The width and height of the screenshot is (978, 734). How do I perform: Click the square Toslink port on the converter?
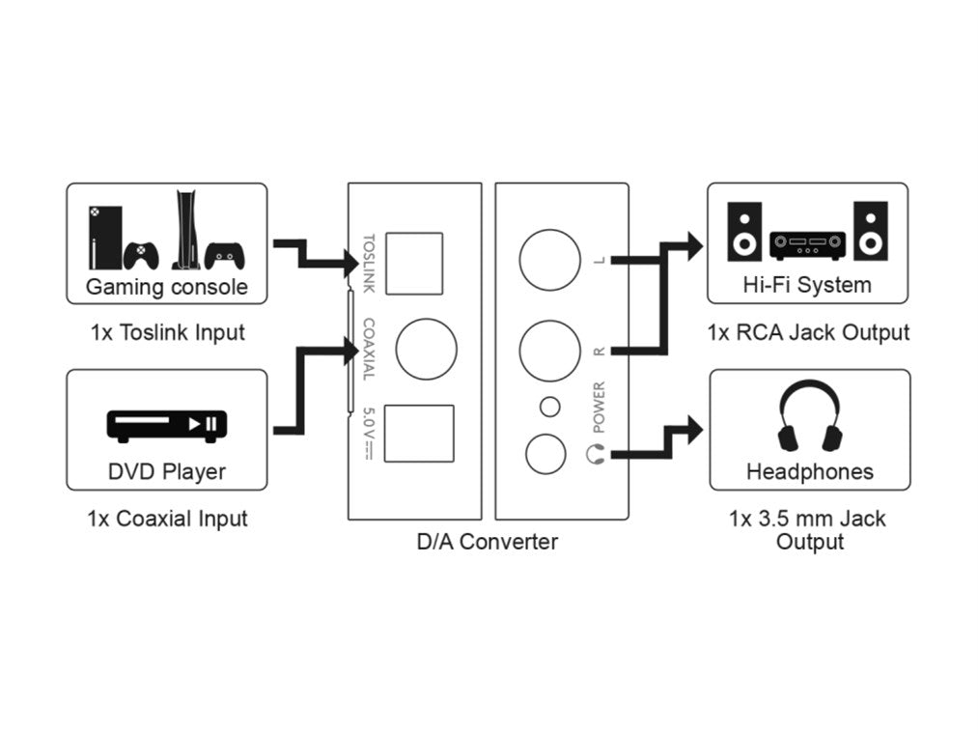413,263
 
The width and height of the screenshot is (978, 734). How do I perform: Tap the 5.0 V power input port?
419,434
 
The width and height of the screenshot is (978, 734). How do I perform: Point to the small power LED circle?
550,407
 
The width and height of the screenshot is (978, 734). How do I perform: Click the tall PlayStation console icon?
186,230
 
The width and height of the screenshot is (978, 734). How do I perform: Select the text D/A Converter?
487,542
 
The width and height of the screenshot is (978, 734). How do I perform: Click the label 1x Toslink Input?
168,333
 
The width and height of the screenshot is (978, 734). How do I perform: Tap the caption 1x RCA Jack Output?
808,333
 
